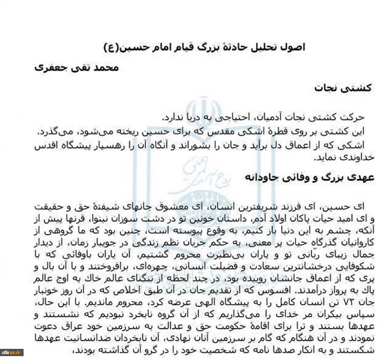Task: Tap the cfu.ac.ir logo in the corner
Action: point(12,353)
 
